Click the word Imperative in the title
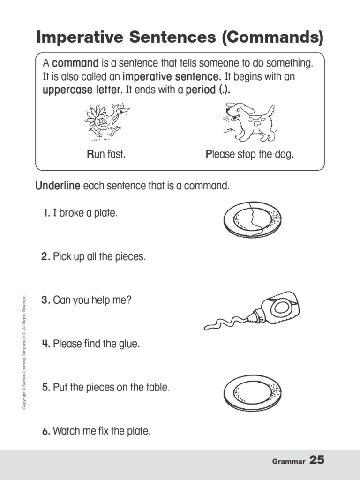80,37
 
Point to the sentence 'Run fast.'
106,154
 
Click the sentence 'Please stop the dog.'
250,154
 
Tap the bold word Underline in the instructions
58,186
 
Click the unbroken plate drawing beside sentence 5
252,391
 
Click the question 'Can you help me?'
92,300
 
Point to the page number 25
317,460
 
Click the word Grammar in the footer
288,462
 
